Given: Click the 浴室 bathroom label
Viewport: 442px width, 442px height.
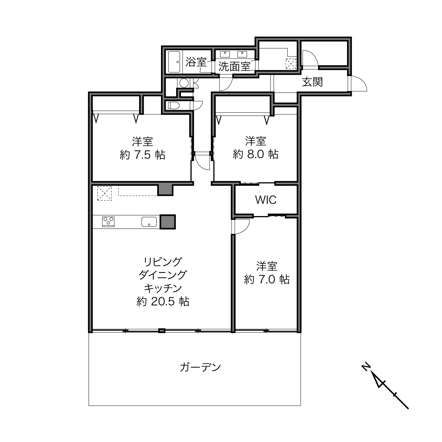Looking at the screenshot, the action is point(196,62).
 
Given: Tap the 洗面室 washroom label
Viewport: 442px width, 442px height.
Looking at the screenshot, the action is point(234,66).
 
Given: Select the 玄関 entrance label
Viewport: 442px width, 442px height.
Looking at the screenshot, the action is point(312,82).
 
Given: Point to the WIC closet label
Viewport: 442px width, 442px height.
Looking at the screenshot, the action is point(266,200).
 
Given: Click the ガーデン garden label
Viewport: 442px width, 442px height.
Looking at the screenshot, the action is point(200,367).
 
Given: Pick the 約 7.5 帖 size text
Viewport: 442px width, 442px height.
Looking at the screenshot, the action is point(142,155).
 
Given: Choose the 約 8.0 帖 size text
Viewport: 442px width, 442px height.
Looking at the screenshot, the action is point(256,154).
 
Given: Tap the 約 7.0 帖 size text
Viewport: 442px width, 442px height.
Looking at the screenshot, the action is point(267,279).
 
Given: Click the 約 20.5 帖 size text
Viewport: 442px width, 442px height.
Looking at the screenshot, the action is point(163,301).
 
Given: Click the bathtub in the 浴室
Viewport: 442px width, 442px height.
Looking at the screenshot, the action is point(174,62).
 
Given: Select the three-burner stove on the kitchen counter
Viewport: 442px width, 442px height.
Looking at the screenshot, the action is point(108,222).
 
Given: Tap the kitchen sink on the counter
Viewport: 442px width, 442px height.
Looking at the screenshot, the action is point(149,222).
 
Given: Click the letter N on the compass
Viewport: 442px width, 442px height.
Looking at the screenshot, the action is point(365,373).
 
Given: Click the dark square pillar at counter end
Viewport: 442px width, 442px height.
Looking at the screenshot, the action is point(168,222).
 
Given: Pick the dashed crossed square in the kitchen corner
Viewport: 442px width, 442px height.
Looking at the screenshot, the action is point(104,193).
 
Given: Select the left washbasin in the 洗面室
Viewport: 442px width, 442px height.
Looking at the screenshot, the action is point(225,54).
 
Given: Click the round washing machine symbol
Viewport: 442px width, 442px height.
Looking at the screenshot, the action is point(184,83).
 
